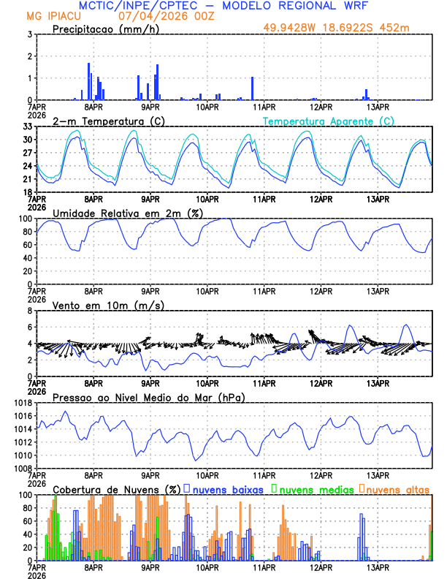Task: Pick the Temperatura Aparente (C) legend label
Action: tap(329, 121)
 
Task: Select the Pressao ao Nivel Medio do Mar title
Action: tap(149, 397)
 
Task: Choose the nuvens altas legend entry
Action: tap(397, 488)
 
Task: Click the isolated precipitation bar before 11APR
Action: tap(252, 88)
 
